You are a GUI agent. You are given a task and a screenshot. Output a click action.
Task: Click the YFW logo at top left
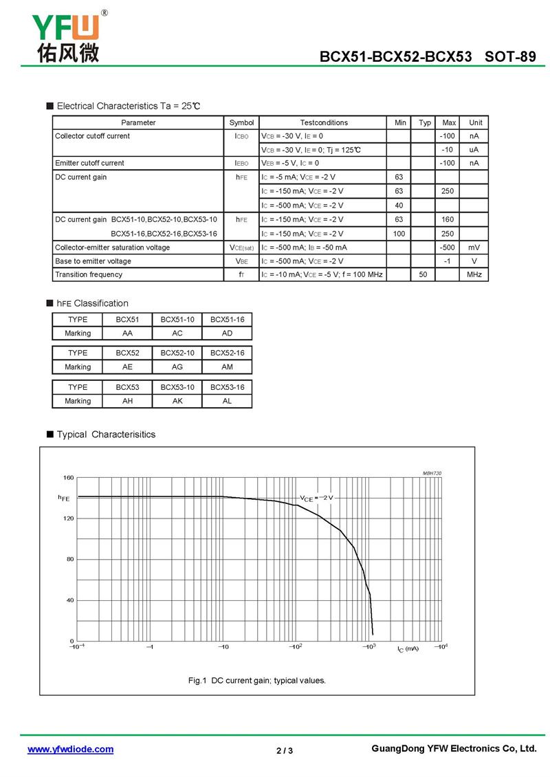(66, 36)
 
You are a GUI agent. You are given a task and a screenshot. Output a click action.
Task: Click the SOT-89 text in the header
(510, 57)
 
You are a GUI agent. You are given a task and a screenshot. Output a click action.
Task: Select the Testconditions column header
(324, 122)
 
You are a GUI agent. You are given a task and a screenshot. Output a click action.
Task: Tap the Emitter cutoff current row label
(89, 163)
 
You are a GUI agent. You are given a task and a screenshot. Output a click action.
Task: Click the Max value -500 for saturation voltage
(448, 248)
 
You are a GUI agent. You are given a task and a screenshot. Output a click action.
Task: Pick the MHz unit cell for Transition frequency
(474, 274)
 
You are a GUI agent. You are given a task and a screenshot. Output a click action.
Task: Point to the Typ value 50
(424, 274)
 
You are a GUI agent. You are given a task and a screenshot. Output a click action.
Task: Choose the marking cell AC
(177, 333)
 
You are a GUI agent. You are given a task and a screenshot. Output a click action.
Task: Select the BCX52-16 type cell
(227, 353)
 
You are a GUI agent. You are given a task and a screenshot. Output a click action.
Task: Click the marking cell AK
(177, 401)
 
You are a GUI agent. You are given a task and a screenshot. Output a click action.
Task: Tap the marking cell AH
(128, 401)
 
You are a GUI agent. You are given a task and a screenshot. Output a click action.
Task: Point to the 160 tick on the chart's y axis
(68, 477)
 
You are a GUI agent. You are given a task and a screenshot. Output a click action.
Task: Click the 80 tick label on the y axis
(69, 559)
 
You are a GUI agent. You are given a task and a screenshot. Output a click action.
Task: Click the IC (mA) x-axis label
(407, 649)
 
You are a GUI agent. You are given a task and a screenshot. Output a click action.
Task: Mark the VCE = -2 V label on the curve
(316, 498)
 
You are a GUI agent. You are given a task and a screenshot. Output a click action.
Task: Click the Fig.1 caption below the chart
(257, 680)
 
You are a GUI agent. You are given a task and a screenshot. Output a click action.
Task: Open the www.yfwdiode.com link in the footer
(70, 749)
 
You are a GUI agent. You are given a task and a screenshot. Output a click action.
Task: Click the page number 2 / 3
(285, 750)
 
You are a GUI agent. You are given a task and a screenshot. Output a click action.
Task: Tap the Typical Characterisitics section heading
(106, 435)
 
